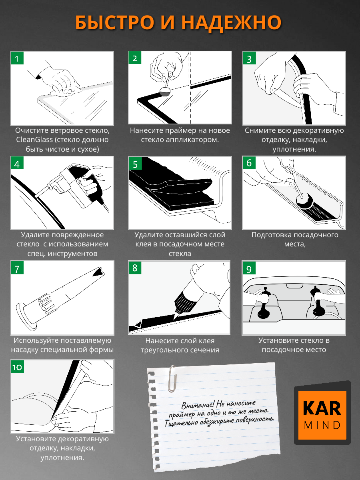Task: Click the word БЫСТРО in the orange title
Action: [x=114, y=22]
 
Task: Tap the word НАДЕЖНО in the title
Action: [x=232, y=23]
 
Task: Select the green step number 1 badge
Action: [x=17, y=58]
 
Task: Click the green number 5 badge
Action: [x=135, y=163]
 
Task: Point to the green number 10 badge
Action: [x=17, y=366]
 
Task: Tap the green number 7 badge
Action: [x=17, y=268]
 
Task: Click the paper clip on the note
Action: [x=172, y=379]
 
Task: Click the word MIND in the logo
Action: [x=322, y=425]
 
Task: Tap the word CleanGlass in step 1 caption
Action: [x=34, y=140]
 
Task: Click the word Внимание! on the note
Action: [x=198, y=405]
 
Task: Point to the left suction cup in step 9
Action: [x=264, y=303]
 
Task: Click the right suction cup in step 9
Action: [x=318, y=302]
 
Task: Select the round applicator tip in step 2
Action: [x=166, y=92]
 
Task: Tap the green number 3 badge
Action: [x=249, y=58]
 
